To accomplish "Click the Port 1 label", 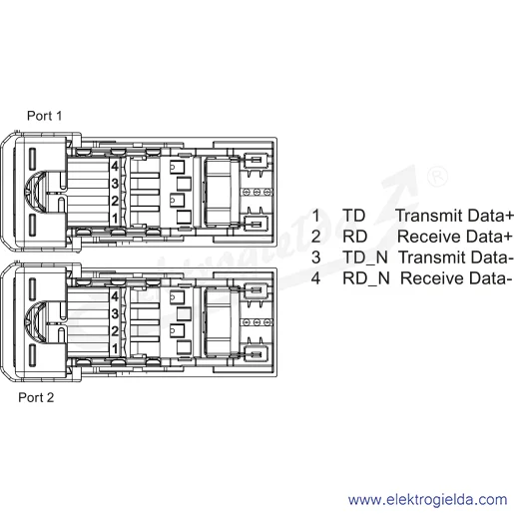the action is (x=44, y=116).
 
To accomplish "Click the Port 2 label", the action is (x=36, y=397).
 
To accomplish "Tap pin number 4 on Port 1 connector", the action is (x=115, y=166).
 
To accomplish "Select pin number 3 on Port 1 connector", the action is (x=115, y=184).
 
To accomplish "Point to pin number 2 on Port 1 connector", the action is (x=115, y=201).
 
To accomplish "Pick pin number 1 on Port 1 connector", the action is (x=115, y=219).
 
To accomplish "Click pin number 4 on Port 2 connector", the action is (x=115, y=296).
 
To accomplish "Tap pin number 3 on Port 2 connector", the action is (x=115, y=313).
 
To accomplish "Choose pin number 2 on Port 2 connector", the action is (x=115, y=331).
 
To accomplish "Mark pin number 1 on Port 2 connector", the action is (x=115, y=349).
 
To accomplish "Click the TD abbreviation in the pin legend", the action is (x=354, y=216).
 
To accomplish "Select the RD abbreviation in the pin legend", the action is (x=355, y=237).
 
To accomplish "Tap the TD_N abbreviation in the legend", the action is (x=365, y=257).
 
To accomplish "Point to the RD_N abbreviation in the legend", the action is (x=366, y=278).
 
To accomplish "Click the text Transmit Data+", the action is (x=454, y=216).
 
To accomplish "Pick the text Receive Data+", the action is (x=455, y=237).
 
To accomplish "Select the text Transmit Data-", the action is (x=456, y=257).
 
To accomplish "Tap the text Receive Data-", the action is (x=456, y=278).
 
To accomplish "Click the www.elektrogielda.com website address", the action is (x=427, y=500).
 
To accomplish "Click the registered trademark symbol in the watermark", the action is (x=437, y=177).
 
